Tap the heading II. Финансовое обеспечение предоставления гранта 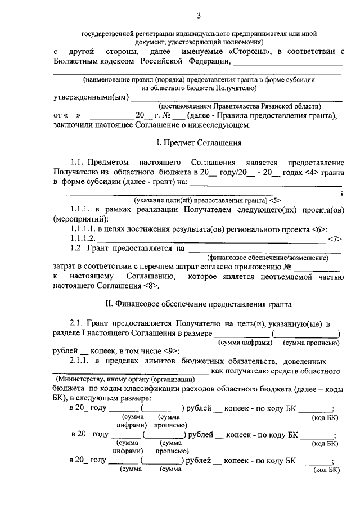pos(199,304)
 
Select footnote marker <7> pos(335,238)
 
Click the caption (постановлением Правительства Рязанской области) pos(239,106)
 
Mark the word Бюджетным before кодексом pos(79,61)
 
